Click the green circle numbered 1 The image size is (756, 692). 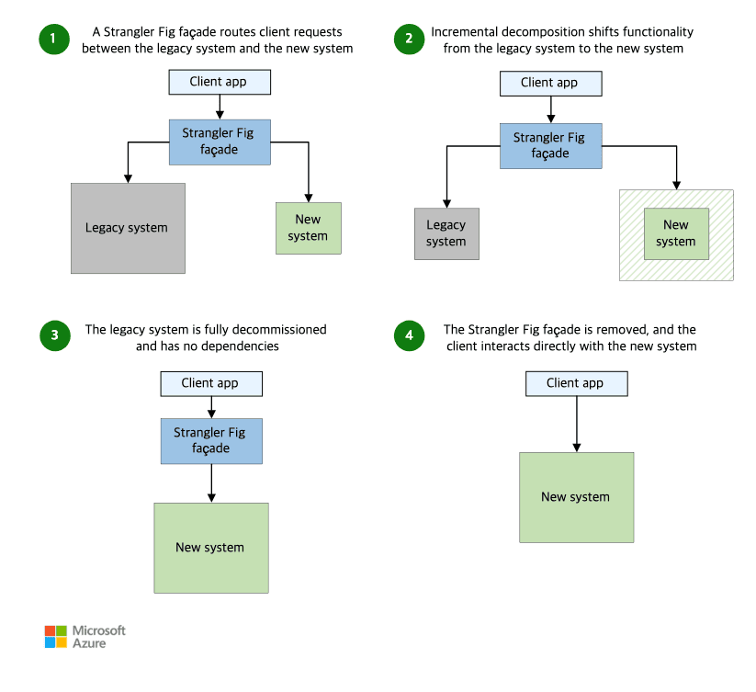54,40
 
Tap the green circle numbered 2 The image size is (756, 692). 409,40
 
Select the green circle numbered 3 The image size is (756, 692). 55,335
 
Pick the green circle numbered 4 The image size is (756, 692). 409,335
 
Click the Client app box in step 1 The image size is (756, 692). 220,82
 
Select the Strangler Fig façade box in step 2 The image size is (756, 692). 550,146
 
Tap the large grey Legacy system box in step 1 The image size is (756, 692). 128,228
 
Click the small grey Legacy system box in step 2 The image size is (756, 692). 446,233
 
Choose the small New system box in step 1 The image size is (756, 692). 308,228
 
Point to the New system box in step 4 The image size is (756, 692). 576,497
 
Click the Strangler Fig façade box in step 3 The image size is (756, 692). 211,441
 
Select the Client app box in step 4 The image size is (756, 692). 576,384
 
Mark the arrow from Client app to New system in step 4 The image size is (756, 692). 576,425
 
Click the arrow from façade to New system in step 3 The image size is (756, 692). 211,483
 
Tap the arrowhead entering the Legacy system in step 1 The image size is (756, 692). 128,178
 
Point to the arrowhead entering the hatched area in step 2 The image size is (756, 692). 676,185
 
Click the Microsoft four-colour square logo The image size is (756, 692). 56,637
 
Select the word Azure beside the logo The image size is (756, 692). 89,643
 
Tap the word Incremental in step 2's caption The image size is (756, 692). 464,32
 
